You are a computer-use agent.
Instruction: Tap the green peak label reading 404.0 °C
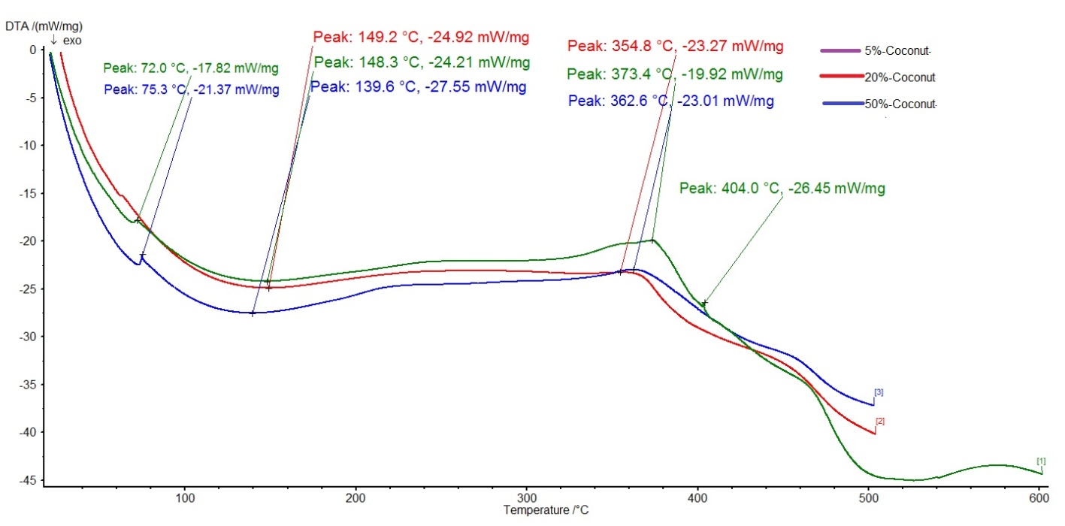tap(782, 189)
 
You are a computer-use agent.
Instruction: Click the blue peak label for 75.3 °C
tap(192, 90)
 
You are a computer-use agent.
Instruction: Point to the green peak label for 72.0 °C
tap(192, 69)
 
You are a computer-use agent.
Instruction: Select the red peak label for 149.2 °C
tap(422, 37)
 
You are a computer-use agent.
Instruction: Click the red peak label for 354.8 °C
tap(675, 47)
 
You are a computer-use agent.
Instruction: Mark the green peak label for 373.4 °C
tap(675, 74)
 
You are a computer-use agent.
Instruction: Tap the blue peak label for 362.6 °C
tap(670, 100)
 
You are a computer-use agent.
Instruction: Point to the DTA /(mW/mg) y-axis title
tap(34, 27)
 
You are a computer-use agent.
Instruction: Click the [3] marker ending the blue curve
tap(878, 392)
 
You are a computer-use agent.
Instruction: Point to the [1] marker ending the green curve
tap(1041, 461)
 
